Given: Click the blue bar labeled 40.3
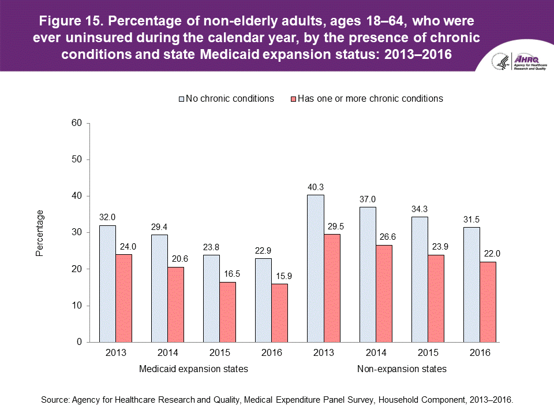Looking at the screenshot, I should [315, 269].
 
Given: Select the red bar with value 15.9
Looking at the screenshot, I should [279, 313].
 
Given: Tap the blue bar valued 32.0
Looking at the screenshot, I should [107, 284].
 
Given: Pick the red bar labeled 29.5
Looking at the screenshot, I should [332, 288].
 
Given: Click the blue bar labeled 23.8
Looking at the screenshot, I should [211, 299].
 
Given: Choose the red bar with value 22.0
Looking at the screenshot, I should [488, 302].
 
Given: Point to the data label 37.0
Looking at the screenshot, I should [368, 200].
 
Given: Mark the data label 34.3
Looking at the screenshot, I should [420, 210].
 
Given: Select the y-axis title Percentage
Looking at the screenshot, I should [40, 233].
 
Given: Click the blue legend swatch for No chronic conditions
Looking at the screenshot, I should [181, 99].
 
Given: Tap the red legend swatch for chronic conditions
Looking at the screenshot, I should [293, 99].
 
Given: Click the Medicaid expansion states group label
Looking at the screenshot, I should [194, 369].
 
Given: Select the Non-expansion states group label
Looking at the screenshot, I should [402, 369].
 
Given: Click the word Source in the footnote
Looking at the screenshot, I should [55, 399].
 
